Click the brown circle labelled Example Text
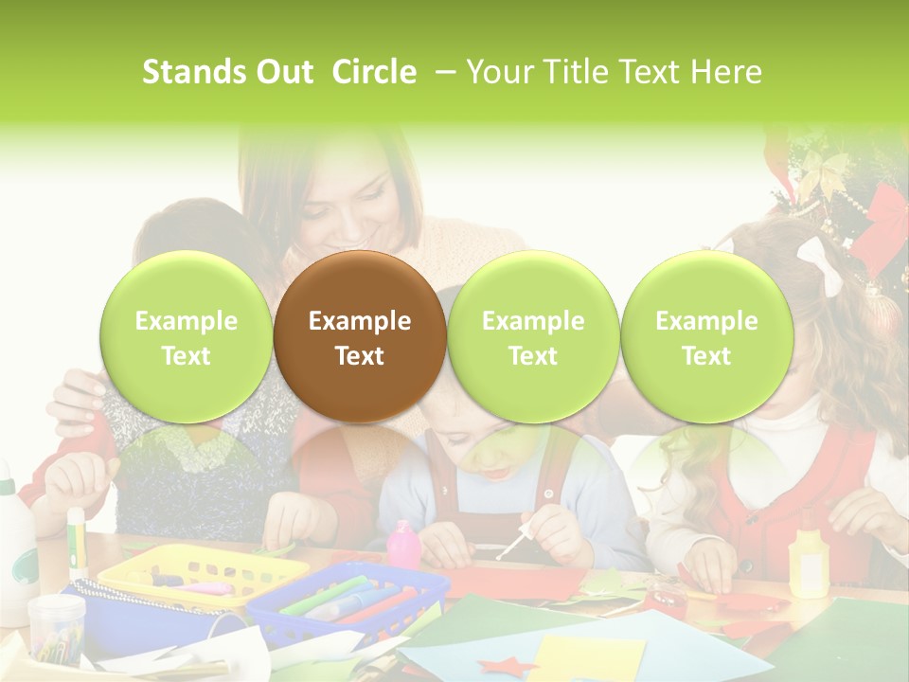[x=359, y=337]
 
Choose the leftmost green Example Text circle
[x=186, y=337]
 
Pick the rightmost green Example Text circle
[x=706, y=337]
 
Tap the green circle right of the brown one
[x=533, y=337]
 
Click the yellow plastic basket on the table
[x=203, y=574]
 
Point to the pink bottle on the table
[x=403, y=545]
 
